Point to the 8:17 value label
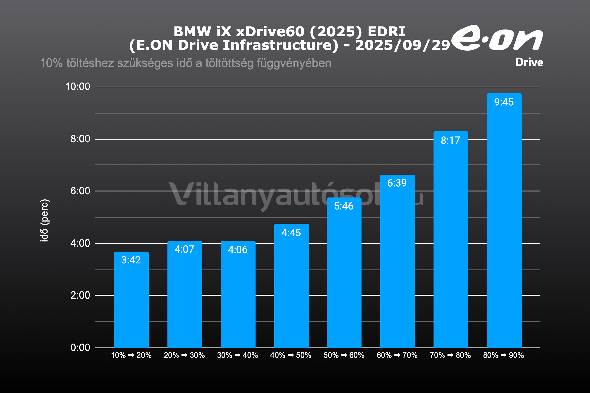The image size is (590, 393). tap(450, 140)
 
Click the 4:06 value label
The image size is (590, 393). tap(238, 250)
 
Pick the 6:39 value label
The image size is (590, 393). tap(397, 183)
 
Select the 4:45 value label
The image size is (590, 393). tap(291, 233)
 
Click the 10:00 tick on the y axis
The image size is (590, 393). tap(77, 87)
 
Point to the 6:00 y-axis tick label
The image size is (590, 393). tap(80, 191)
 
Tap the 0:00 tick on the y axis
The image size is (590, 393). tap(80, 348)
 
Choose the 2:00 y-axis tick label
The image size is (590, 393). tap(80, 295)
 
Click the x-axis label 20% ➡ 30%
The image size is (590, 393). tap(184, 355)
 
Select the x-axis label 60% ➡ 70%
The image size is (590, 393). tap(397, 355)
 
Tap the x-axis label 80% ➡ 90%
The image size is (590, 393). tap(503, 355)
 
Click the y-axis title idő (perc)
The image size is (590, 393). tap(44, 220)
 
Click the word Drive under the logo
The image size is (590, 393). tap(529, 62)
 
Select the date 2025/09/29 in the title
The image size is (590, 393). tap(402, 45)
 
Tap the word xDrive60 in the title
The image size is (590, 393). tap(270, 31)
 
